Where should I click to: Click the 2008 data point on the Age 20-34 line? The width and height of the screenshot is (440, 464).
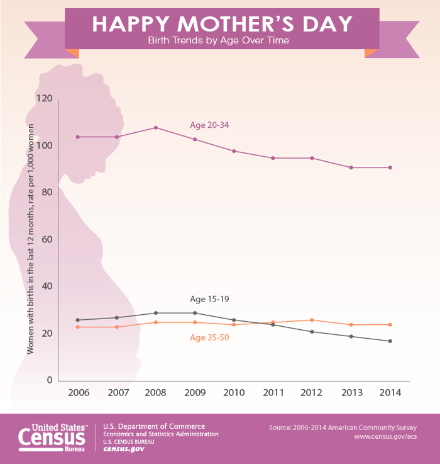coord(156,128)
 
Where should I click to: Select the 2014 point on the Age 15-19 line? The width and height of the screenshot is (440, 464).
coord(390,341)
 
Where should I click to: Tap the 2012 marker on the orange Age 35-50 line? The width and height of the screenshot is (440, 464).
coord(312,320)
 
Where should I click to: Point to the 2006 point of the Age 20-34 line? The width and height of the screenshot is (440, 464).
coord(78,137)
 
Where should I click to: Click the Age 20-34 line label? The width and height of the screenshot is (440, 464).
coord(209,125)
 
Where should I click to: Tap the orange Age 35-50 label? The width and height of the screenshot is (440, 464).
coord(209,338)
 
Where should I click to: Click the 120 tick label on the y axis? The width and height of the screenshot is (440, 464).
coord(44,99)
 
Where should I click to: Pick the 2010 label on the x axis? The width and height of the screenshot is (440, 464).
coord(234,393)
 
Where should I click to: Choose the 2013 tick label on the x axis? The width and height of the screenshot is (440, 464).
coord(351,393)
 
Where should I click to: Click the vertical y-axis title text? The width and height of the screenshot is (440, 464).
coord(30,240)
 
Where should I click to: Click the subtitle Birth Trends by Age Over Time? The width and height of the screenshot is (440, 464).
coord(220,41)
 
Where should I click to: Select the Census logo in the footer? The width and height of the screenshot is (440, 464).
coord(53,435)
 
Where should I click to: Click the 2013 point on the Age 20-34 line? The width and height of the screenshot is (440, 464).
coord(351,167)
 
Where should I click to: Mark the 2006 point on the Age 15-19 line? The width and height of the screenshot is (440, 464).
coord(78,320)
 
